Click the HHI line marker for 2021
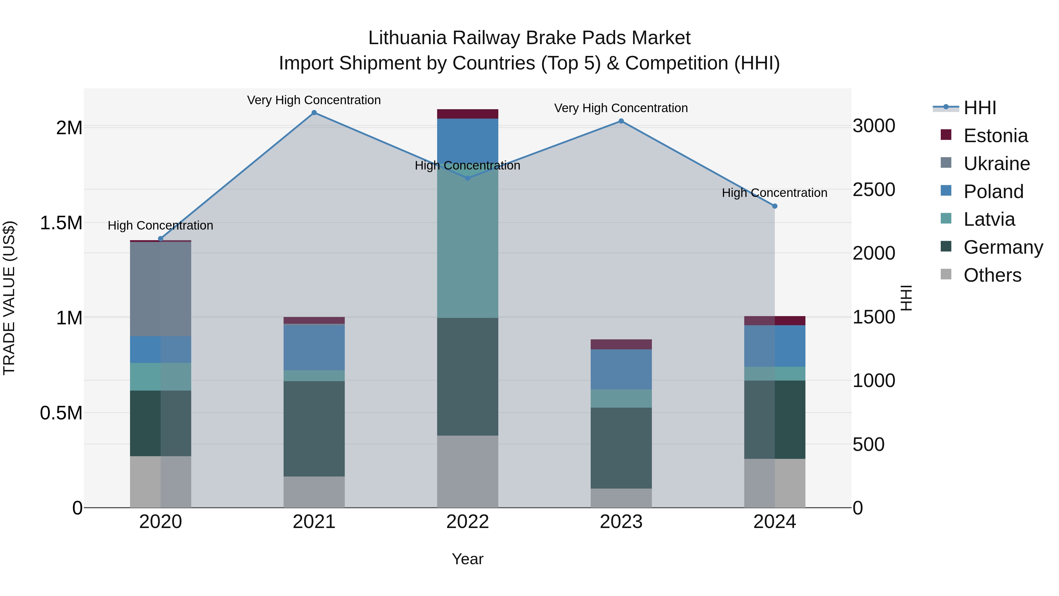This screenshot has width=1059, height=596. pyautogui.click(x=314, y=113)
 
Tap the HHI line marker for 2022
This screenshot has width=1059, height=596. pyautogui.click(x=467, y=178)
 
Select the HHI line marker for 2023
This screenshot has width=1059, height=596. pyautogui.click(x=621, y=121)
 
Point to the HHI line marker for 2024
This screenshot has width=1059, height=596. pyautogui.click(x=775, y=206)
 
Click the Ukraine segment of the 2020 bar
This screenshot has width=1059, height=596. pyautogui.click(x=160, y=289)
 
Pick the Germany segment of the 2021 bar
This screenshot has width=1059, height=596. pyautogui.click(x=314, y=429)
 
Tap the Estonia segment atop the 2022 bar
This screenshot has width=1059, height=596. pyautogui.click(x=467, y=114)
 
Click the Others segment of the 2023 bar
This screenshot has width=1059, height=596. pyautogui.click(x=621, y=498)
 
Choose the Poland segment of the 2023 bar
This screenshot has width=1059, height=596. pyautogui.click(x=621, y=369)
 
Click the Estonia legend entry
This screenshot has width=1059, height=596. pyautogui.click(x=995, y=136)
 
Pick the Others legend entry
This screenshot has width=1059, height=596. pyautogui.click(x=992, y=275)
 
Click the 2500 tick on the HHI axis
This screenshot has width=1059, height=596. pyautogui.click(x=874, y=190)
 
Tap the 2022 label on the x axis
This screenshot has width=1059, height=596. pyautogui.click(x=467, y=522)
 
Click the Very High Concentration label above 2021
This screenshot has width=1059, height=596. pyautogui.click(x=314, y=100)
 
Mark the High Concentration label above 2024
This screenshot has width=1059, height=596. pyautogui.click(x=775, y=192)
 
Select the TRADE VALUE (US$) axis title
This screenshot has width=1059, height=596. pyautogui.click(x=9, y=298)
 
